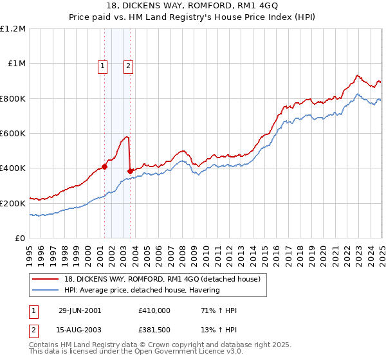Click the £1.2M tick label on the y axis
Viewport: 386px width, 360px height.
pyautogui.click(x=13, y=29)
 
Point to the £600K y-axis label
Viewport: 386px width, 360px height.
pyautogui.click(x=13, y=134)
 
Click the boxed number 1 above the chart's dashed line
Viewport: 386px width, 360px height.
pyautogui.click(x=103, y=65)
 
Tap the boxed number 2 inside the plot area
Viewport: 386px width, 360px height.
pyautogui.click(x=129, y=65)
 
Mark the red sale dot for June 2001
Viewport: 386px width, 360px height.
pyautogui.click(x=104, y=166)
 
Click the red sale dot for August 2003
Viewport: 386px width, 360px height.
pyautogui.click(x=130, y=172)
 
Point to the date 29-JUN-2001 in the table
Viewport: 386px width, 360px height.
pyautogui.click(x=80, y=310)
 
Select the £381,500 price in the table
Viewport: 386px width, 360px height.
pyautogui.click(x=154, y=332)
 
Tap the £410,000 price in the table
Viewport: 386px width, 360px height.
pyautogui.click(x=154, y=310)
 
